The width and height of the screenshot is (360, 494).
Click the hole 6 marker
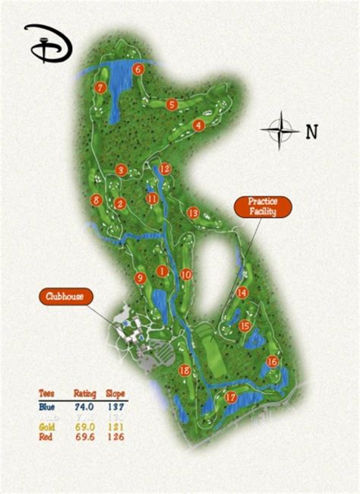click(x=138, y=69)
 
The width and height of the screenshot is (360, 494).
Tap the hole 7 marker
click(x=99, y=87)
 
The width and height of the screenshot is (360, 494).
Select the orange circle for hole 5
click(x=172, y=104)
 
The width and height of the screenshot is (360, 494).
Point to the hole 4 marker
click(x=199, y=125)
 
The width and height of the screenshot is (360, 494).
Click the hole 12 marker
click(x=165, y=169)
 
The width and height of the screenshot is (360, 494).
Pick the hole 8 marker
click(x=96, y=201)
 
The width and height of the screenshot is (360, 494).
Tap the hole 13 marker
click(x=193, y=213)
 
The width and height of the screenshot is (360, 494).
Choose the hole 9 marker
click(x=140, y=279)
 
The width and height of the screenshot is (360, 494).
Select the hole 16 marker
click(x=273, y=363)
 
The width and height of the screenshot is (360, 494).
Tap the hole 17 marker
click(x=231, y=397)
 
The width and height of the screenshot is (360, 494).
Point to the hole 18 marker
click(x=184, y=370)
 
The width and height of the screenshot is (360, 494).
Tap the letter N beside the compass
click(x=311, y=131)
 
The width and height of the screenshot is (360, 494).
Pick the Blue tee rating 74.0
click(x=84, y=407)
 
